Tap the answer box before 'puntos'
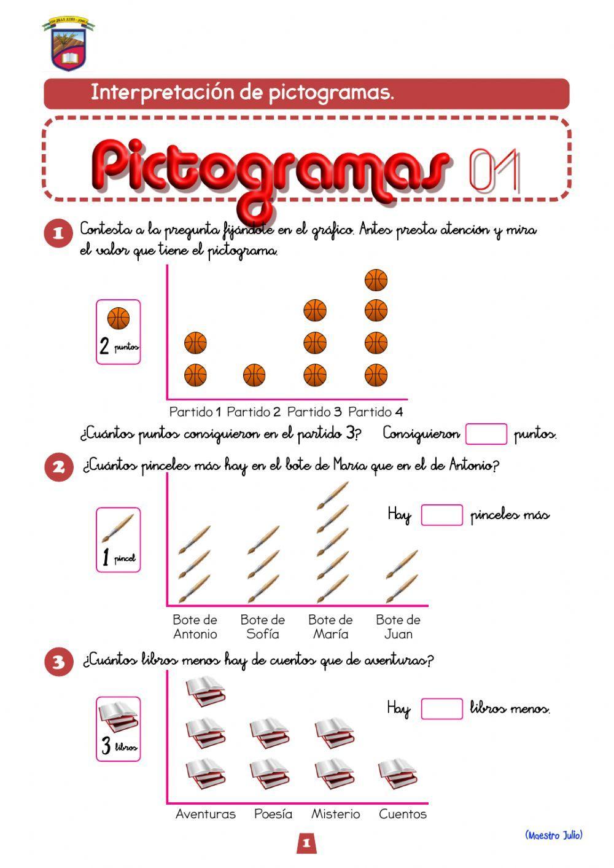486,434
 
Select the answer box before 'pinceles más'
441,515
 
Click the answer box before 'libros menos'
441,708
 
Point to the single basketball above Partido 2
254,375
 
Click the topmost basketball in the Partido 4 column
376,281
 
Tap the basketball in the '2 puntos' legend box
119,319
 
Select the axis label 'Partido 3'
314,412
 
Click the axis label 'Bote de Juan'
398,627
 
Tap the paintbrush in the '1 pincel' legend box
118,528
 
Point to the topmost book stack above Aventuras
206,690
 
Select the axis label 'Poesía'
273,814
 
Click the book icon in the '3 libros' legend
119,716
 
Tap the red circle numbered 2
59,467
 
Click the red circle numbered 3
59,662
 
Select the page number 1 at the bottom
306,843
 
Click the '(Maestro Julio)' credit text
553,835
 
